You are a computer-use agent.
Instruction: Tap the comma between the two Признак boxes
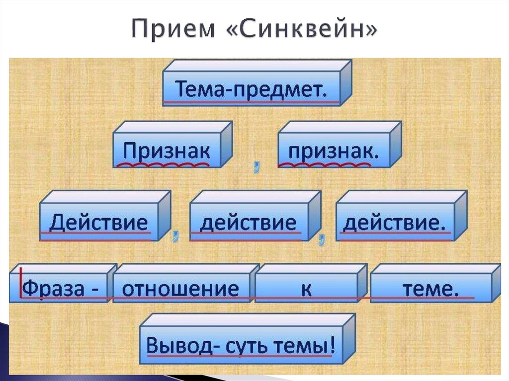coord(256,168)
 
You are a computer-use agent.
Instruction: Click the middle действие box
coord(248,223)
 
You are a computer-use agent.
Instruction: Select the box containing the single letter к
coord(306,288)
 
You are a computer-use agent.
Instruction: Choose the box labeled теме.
coord(430,288)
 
